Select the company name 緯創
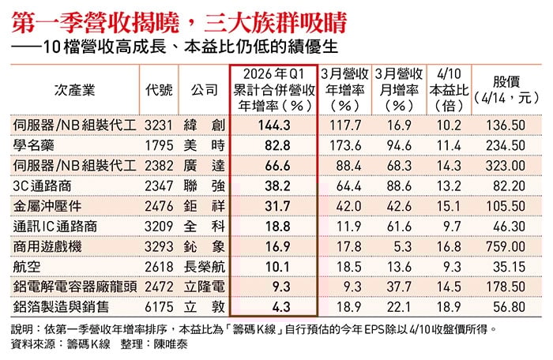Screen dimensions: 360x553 (x=201, y=126)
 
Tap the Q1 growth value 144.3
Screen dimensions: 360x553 (x=274, y=126)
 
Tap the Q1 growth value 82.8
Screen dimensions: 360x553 (x=274, y=145)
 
